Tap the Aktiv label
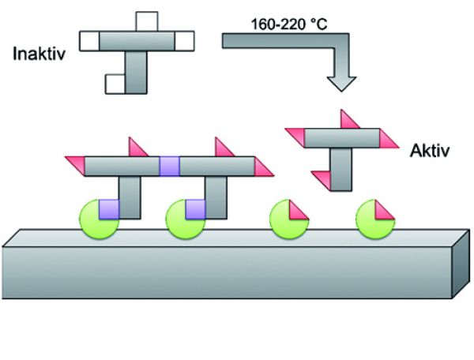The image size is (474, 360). click(430, 150)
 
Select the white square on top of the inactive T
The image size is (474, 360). click(147, 21)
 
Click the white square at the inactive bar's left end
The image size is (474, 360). click(90, 39)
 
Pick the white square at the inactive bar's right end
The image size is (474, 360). click(184, 39)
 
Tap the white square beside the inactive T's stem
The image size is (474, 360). click(116, 82)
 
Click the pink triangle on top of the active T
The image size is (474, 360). click(347, 120)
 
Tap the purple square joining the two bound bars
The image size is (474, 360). click(170, 166)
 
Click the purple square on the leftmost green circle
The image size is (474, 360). click(108, 209)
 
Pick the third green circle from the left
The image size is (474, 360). click(285, 219)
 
